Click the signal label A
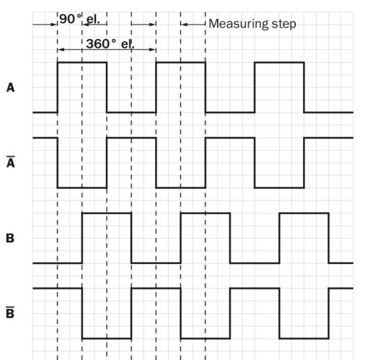click(11, 87)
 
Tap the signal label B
click(10, 238)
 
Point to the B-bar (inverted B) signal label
click(10, 312)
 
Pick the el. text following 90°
click(93, 19)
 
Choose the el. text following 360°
click(128, 44)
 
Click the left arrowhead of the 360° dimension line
click(61, 50)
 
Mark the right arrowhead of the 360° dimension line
click(152, 50)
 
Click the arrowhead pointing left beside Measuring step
click(184, 25)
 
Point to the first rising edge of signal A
click(58, 87)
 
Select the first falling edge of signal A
click(107, 87)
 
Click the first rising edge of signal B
click(82, 238)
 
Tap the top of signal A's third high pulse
click(279, 63)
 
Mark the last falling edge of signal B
click(329, 238)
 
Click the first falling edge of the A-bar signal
click(58, 162)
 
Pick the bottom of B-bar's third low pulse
click(304, 338)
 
